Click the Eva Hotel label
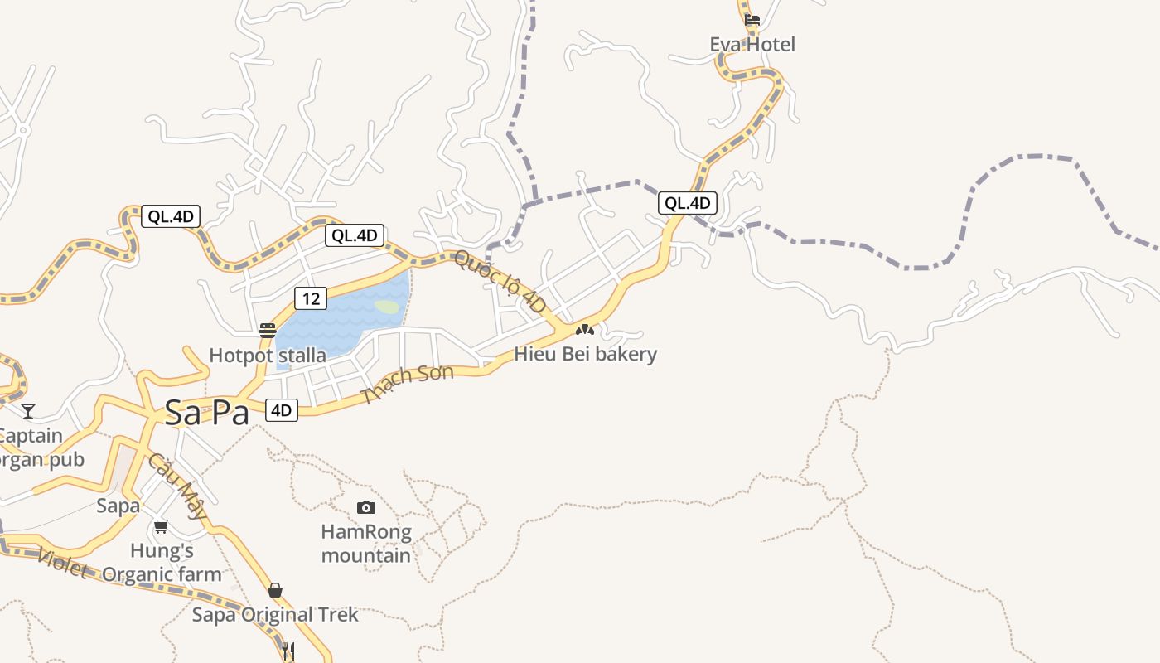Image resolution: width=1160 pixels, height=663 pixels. click(752, 45)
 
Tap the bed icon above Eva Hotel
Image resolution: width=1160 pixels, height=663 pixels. click(752, 19)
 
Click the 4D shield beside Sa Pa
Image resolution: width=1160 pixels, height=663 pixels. click(282, 409)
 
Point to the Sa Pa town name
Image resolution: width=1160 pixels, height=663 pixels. click(206, 413)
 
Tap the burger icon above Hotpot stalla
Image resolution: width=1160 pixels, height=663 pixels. click(267, 331)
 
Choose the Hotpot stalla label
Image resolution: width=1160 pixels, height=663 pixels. click(268, 356)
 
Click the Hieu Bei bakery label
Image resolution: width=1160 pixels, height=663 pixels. click(586, 354)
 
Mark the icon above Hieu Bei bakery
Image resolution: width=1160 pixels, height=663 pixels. click(585, 330)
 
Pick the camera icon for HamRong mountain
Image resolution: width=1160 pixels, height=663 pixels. click(365, 507)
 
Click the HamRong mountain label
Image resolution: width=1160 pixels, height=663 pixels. click(366, 543)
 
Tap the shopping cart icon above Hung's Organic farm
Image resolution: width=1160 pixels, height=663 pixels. click(162, 526)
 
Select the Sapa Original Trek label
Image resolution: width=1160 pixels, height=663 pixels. click(275, 615)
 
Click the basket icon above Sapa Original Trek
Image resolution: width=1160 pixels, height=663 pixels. click(275, 590)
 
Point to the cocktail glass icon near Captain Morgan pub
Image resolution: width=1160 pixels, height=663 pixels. click(29, 410)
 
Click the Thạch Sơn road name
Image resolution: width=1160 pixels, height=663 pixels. click(408, 384)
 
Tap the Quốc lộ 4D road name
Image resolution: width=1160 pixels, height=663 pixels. click(500, 282)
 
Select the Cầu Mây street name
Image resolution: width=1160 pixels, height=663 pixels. click(177, 486)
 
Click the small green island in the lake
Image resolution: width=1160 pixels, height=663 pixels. click(387, 307)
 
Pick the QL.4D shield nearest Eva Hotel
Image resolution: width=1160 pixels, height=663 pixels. click(687, 203)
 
